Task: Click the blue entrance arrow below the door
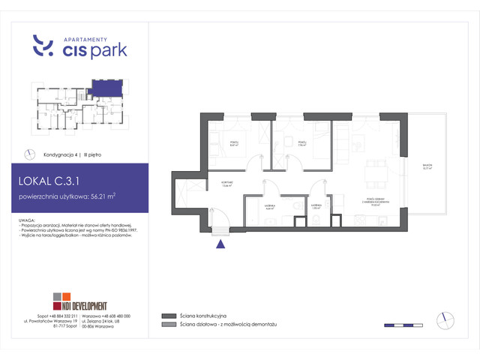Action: point(220,242)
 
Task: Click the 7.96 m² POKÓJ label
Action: point(301,142)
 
